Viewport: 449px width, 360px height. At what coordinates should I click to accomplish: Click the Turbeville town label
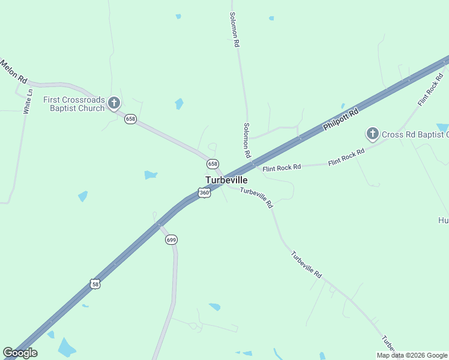pos(226,180)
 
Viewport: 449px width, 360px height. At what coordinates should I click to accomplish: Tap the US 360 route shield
pos(205,193)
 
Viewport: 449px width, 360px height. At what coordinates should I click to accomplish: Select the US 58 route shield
pos(95,283)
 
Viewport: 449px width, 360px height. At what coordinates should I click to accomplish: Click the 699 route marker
pos(171,239)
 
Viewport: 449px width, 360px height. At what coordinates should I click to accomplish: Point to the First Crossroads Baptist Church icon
pos(114,104)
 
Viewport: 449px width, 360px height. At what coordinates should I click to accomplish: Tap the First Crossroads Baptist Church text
pos(74,104)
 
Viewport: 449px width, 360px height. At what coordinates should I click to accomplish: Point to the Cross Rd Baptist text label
pos(415,134)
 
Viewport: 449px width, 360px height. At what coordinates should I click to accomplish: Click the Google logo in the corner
pos(20,353)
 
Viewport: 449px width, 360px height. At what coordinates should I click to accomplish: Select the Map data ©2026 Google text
pos(412,355)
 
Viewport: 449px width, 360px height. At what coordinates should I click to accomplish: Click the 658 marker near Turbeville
pos(212,164)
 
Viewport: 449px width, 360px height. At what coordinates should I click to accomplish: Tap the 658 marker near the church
pos(130,119)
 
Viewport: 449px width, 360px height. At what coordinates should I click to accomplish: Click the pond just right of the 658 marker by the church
pos(179,104)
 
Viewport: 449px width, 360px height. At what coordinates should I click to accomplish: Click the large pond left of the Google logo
pos(67,347)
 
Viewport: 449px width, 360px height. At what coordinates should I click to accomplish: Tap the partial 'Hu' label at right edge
pos(443,220)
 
